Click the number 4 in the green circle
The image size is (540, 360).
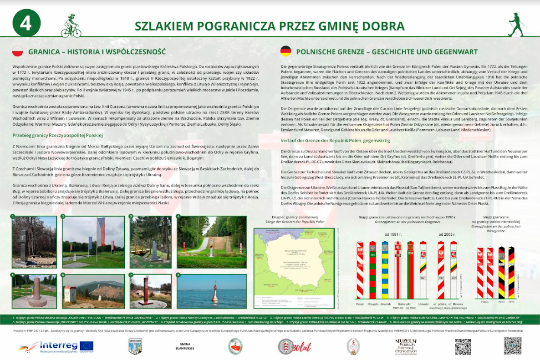click(x=26, y=23)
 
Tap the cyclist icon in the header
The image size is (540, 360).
click(x=71, y=28)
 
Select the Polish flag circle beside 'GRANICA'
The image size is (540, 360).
click(x=17, y=51)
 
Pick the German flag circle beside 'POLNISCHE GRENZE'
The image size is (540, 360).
click(x=286, y=51)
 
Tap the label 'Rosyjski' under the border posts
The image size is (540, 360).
click(x=372, y=303)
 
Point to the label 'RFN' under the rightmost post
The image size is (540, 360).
click(x=511, y=301)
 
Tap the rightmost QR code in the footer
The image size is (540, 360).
click(x=512, y=346)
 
